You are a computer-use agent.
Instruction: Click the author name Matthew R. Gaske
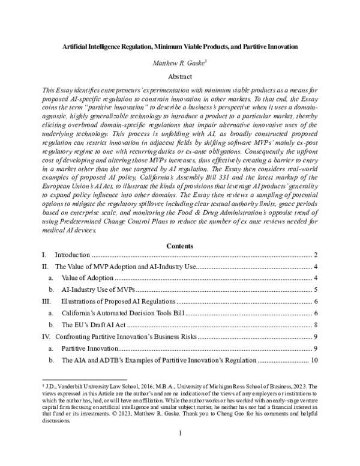click(178, 62)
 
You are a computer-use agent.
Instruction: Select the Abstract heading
click(180, 77)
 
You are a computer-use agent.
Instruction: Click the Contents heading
click(180, 246)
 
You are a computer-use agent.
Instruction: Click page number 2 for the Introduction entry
click(315, 255)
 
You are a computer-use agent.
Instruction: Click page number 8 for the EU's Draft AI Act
click(315, 325)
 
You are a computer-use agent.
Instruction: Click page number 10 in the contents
click(313, 360)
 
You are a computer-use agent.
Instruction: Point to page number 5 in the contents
click(315, 289)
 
